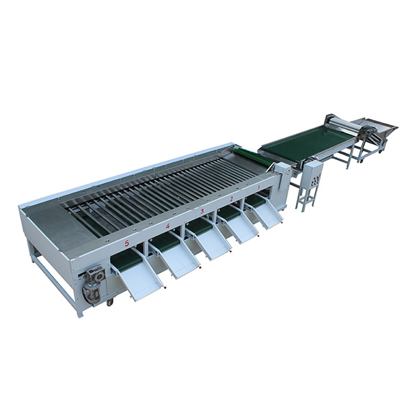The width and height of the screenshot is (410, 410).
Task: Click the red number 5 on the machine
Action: [x=127, y=244]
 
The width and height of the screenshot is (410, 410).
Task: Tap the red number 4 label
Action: [x=167, y=226]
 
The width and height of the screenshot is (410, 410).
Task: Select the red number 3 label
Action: [x=202, y=211]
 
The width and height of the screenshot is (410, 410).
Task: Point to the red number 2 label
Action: [x=232, y=199]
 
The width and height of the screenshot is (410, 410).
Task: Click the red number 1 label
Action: [x=259, y=187]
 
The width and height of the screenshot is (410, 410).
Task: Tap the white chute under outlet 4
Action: [x=180, y=258]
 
